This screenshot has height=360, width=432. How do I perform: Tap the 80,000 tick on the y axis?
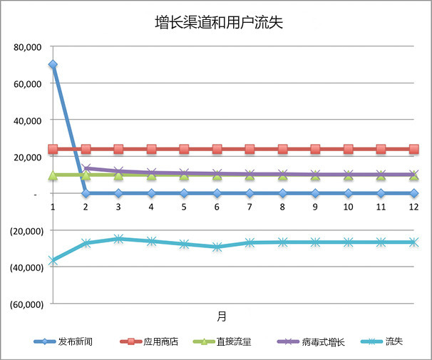29,47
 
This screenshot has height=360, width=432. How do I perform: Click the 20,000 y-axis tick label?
29,157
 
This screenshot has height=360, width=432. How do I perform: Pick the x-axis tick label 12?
413,207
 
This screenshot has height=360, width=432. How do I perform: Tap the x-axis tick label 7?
250,207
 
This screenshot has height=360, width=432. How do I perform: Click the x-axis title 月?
222,314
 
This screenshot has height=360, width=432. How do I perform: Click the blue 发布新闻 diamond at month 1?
53,65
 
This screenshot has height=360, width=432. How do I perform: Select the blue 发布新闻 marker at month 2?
86,193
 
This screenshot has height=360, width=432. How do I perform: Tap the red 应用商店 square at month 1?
53,149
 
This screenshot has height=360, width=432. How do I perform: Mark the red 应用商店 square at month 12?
413,149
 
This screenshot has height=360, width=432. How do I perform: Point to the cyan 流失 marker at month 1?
53,261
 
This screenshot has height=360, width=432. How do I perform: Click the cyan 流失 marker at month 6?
217,247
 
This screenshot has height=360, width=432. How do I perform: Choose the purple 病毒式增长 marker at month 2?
86,169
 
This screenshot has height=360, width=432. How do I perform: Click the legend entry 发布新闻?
76,342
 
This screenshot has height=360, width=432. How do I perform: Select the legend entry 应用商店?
160,342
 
